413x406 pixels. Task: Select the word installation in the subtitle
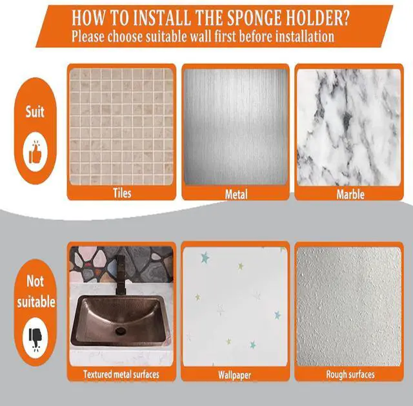click(x=305, y=36)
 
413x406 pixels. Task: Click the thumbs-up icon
click(x=35, y=153)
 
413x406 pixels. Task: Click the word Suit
click(x=35, y=111)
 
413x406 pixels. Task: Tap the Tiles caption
click(x=122, y=193)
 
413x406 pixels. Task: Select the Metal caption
click(x=236, y=195)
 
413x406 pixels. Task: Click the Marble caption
click(x=350, y=195)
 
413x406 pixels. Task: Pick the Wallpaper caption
click(x=234, y=375)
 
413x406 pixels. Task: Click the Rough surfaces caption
click(x=350, y=374)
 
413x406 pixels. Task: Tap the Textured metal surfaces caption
click(x=121, y=374)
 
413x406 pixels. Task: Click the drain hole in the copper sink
click(x=121, y=330)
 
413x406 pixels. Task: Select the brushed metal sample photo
click(x=236, y=127)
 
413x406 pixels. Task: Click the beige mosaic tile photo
click(x=121, y=127)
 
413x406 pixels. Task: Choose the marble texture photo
click(x=348, y=127)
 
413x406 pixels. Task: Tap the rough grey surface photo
click(x=348, y=307)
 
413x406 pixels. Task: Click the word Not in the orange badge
click(x=35, y=282)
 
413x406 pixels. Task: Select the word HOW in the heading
click(x=88, y=18)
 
